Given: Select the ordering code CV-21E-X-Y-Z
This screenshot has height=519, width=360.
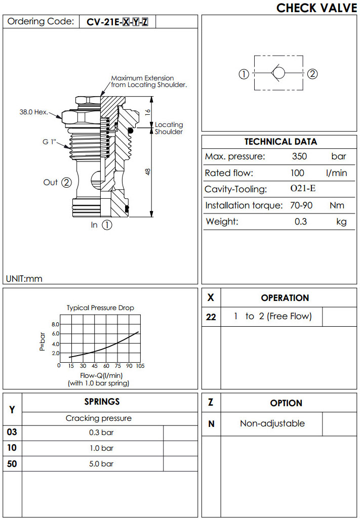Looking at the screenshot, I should tap(117, 22).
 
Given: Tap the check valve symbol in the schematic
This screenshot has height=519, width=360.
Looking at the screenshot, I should tap(278, 73).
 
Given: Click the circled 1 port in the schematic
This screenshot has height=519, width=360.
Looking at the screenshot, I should tap(244, 74).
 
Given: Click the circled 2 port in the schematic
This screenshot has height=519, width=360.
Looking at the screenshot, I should tap(312, 74).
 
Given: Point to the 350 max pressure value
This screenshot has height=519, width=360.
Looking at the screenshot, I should tap(299, 156).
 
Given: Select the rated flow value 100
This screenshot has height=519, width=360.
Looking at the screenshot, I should tap(297, 173).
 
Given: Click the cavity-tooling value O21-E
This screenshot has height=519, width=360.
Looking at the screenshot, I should tap(303, 189).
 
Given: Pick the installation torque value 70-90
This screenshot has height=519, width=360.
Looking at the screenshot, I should tap(301, 205).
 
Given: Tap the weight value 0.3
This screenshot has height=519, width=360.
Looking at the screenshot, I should tap(301, 222).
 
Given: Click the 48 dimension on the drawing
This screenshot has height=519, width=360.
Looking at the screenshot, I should tap(148, 172).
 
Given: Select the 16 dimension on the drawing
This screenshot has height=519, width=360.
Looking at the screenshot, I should tap(148, 112).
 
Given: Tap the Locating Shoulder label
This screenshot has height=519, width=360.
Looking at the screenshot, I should tap(169, 128).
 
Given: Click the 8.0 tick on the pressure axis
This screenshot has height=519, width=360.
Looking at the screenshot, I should tap(56, 324).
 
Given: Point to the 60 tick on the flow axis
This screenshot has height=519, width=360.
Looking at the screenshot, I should tap(106, 366).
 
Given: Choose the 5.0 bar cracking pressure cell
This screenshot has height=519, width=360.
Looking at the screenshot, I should tap(100, 464).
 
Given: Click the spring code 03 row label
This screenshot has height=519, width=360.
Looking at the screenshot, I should tap(12, 433).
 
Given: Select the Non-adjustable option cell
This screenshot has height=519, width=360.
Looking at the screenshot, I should tap(272, 423).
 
